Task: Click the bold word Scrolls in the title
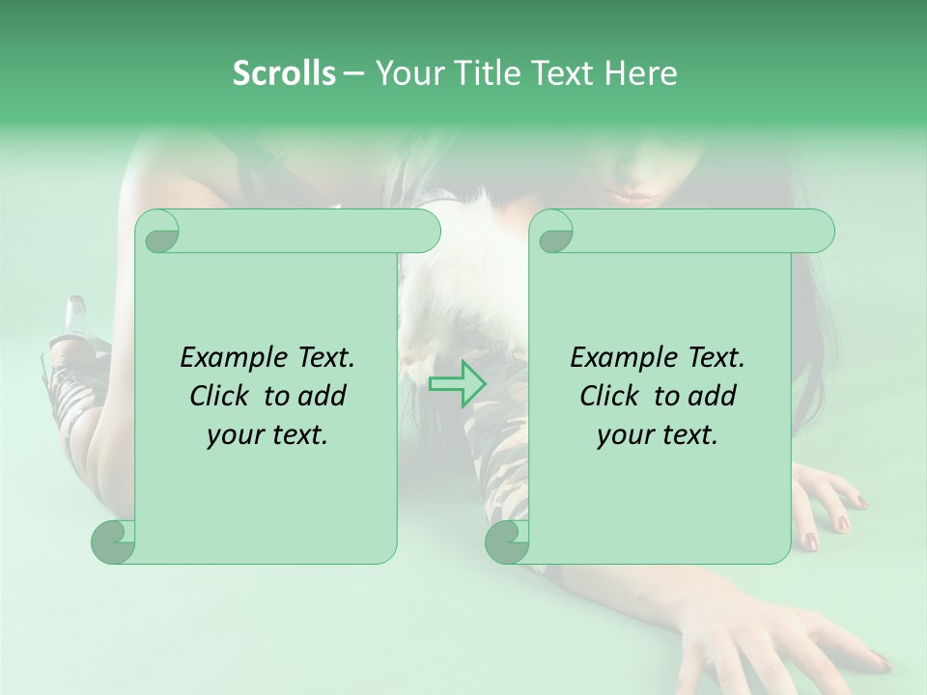pyautogui.click(x=284, y=73)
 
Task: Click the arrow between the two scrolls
pyautogui.click(x=458, y=384)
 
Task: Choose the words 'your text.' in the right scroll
pyautogui.click(x=658, y=435)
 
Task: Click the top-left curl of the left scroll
pyautogui.click(x=160, y=233)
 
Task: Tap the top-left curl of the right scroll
pyautogui.click(x=554, y=233)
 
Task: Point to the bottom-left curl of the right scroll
pyautogui.click(x=507, y=541)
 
